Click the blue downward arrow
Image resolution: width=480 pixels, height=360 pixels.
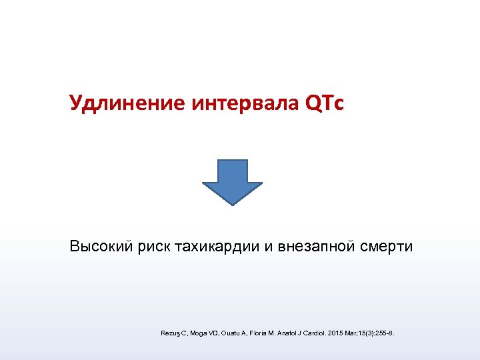click(x=233, y=179)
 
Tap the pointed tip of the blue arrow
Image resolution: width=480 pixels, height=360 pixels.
click(x=233, y=203)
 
